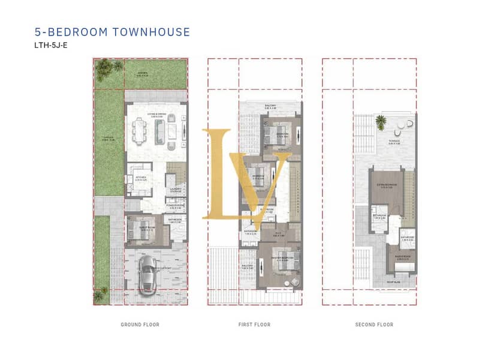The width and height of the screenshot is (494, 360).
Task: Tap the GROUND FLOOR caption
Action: coord(140,325)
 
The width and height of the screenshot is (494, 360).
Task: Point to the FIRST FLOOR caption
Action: coord(254,325)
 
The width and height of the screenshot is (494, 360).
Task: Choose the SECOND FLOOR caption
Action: coord(374,325)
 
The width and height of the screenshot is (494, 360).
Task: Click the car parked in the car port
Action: coord(147,277)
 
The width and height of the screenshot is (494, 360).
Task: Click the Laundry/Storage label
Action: coord(176,190)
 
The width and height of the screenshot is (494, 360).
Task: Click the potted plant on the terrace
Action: coord(380,122)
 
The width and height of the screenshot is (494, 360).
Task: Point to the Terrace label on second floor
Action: coord(394,142)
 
